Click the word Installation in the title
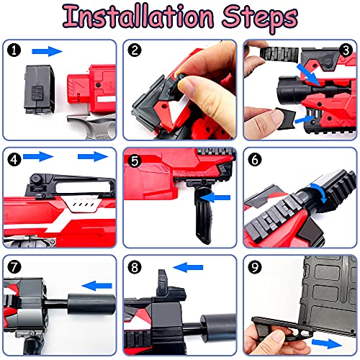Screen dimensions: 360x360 (x=138, y=17)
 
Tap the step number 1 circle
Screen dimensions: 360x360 (x=14, y=50)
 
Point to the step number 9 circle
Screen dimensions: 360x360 (x=255, y=267)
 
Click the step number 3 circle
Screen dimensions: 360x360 (x=346, y=50)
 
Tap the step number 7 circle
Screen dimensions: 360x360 (x=14, y=266)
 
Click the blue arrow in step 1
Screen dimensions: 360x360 (x=47, y=51)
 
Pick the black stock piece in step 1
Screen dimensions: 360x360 (x=39, y=89)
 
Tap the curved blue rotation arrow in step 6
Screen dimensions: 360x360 (x=320, y=192)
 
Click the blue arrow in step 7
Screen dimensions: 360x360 (x=97, y=286)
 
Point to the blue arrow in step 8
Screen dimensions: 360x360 (x=188, y=267)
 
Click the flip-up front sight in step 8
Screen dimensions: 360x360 (x=163, y=283)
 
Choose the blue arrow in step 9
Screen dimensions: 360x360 (x=327, y=343)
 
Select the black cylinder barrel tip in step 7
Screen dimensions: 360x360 (x=91, y=304)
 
